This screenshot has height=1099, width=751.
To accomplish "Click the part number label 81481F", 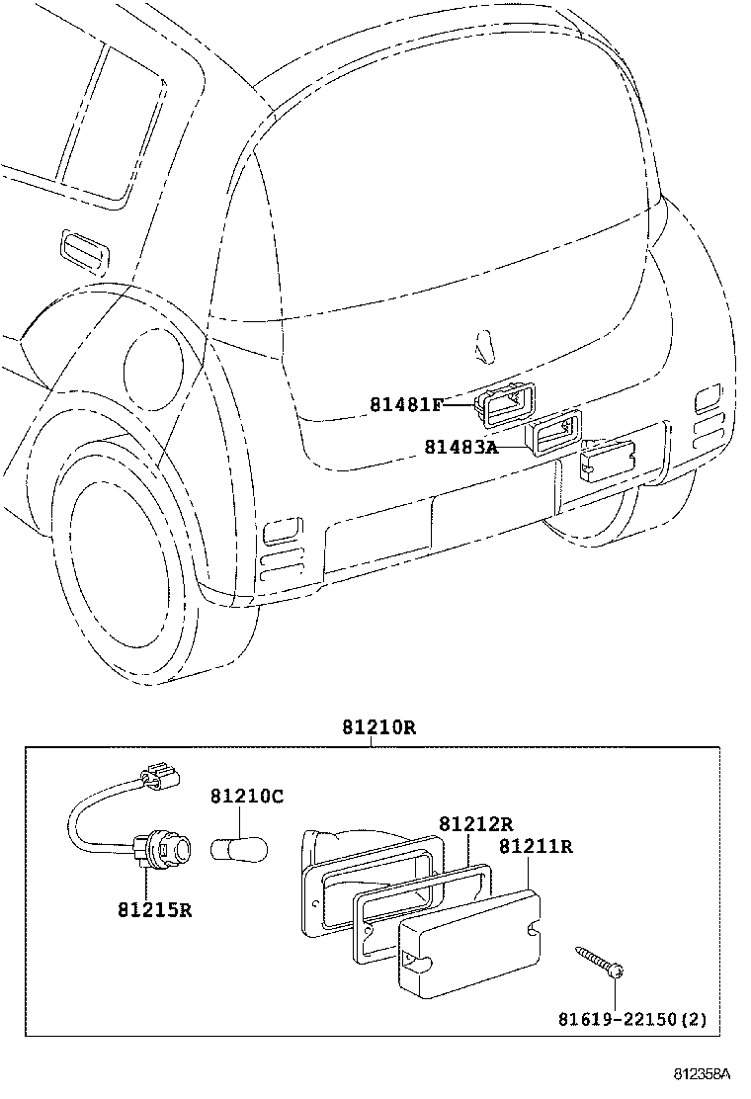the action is pos(406,404).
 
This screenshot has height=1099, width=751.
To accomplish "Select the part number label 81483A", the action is pos(460,447).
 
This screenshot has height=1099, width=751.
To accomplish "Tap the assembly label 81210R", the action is pos(379,727).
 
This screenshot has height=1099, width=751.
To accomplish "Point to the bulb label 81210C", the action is pos(247,797).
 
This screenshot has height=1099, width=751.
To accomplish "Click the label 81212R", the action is pos(476,823).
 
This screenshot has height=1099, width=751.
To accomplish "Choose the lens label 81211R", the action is pos(536,847).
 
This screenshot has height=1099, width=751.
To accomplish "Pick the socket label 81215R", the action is pos(155,910).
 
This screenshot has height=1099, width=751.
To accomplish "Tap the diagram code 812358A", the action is pos(703,1073).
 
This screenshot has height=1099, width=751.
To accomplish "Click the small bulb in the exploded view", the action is pos(239,850).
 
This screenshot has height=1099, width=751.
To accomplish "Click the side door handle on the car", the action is pos(85,250).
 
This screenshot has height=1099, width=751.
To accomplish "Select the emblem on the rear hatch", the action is pos(485,346).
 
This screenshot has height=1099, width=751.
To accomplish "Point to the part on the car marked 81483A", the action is pos(555,433).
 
